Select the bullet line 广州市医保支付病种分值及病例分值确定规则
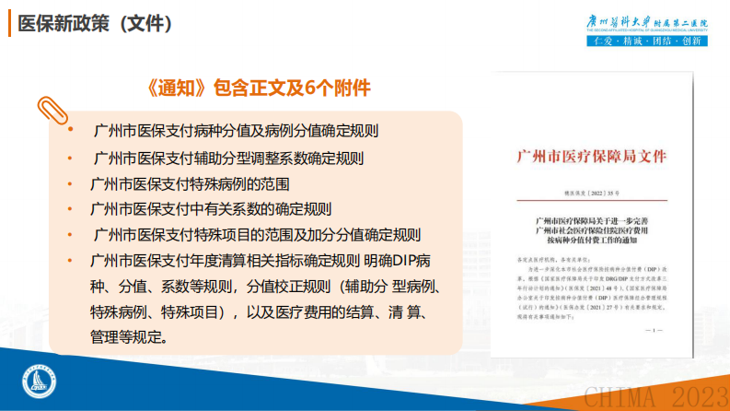237,131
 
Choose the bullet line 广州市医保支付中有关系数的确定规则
211,208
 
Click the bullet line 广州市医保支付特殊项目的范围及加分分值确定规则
257,234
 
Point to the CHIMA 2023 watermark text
655,397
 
